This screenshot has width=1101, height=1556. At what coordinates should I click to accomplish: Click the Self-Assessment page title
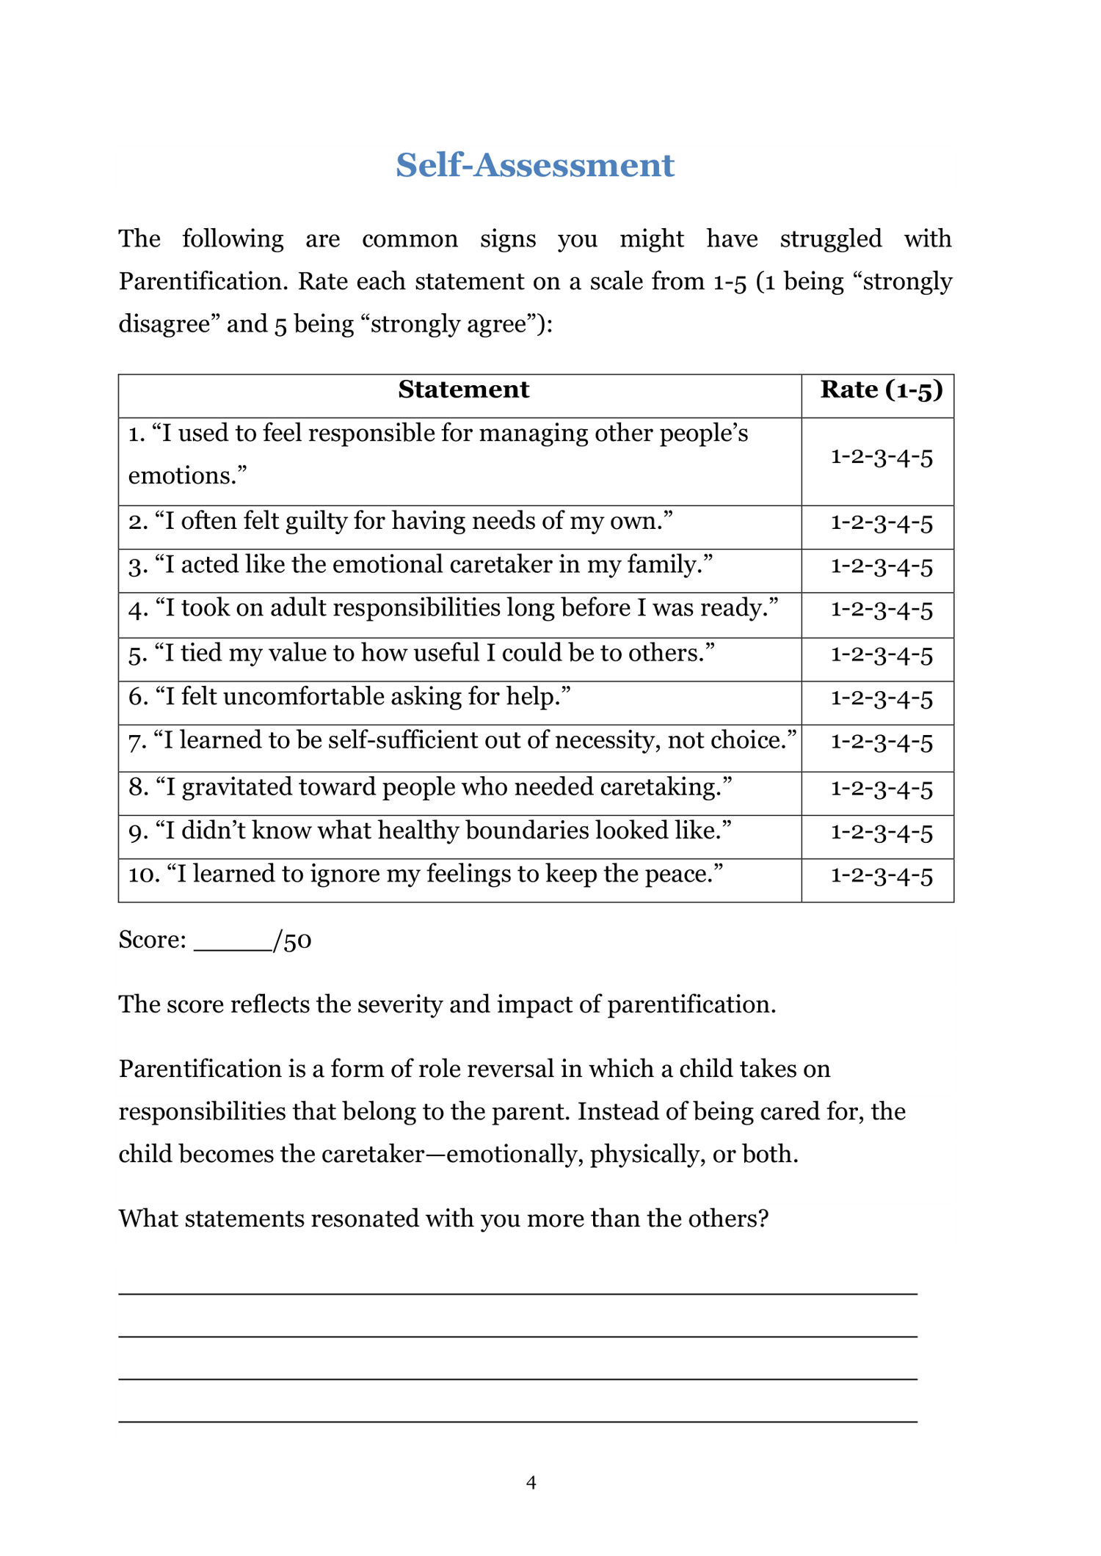pos(534,165)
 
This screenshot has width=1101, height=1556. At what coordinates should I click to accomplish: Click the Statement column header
pos(463,390)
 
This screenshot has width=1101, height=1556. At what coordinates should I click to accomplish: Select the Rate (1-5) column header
pos(881,390)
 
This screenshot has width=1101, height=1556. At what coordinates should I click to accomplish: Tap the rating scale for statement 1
pos(881,458)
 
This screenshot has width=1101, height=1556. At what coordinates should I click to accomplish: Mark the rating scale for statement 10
pos(881,876)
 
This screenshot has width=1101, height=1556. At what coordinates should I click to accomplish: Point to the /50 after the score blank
pos(292,940)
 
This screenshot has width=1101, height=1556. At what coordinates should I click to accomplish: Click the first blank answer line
pos(517,1293)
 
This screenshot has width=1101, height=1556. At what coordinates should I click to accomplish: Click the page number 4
pos(531,1483)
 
